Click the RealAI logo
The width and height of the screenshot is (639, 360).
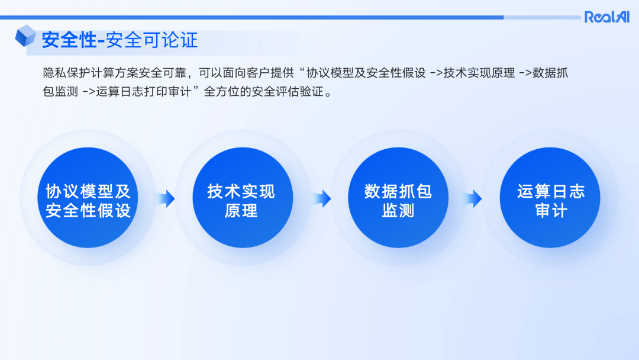(607, 17)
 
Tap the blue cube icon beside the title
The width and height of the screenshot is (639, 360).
(25, 36)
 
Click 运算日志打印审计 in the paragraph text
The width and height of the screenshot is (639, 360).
(147, 92)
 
